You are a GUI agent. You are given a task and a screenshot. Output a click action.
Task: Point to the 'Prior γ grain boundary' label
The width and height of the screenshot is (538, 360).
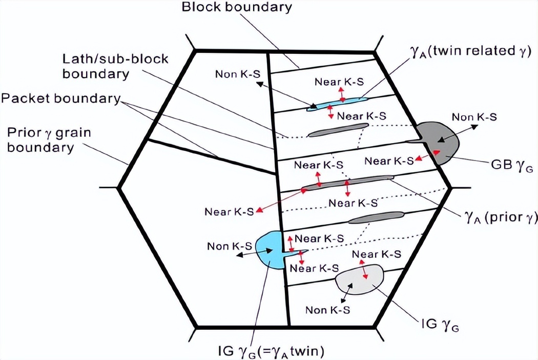49,141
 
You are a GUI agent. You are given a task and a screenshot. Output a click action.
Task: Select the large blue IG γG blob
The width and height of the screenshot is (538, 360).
270,249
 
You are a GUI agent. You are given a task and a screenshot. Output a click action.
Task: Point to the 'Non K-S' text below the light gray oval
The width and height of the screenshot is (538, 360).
327,310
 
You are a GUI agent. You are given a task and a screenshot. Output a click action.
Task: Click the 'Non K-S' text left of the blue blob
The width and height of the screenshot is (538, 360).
229,246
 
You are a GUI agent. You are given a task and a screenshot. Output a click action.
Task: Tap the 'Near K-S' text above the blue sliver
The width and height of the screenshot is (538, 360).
336,81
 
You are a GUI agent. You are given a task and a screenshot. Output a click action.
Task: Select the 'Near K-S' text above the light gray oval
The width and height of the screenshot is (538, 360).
377,254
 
